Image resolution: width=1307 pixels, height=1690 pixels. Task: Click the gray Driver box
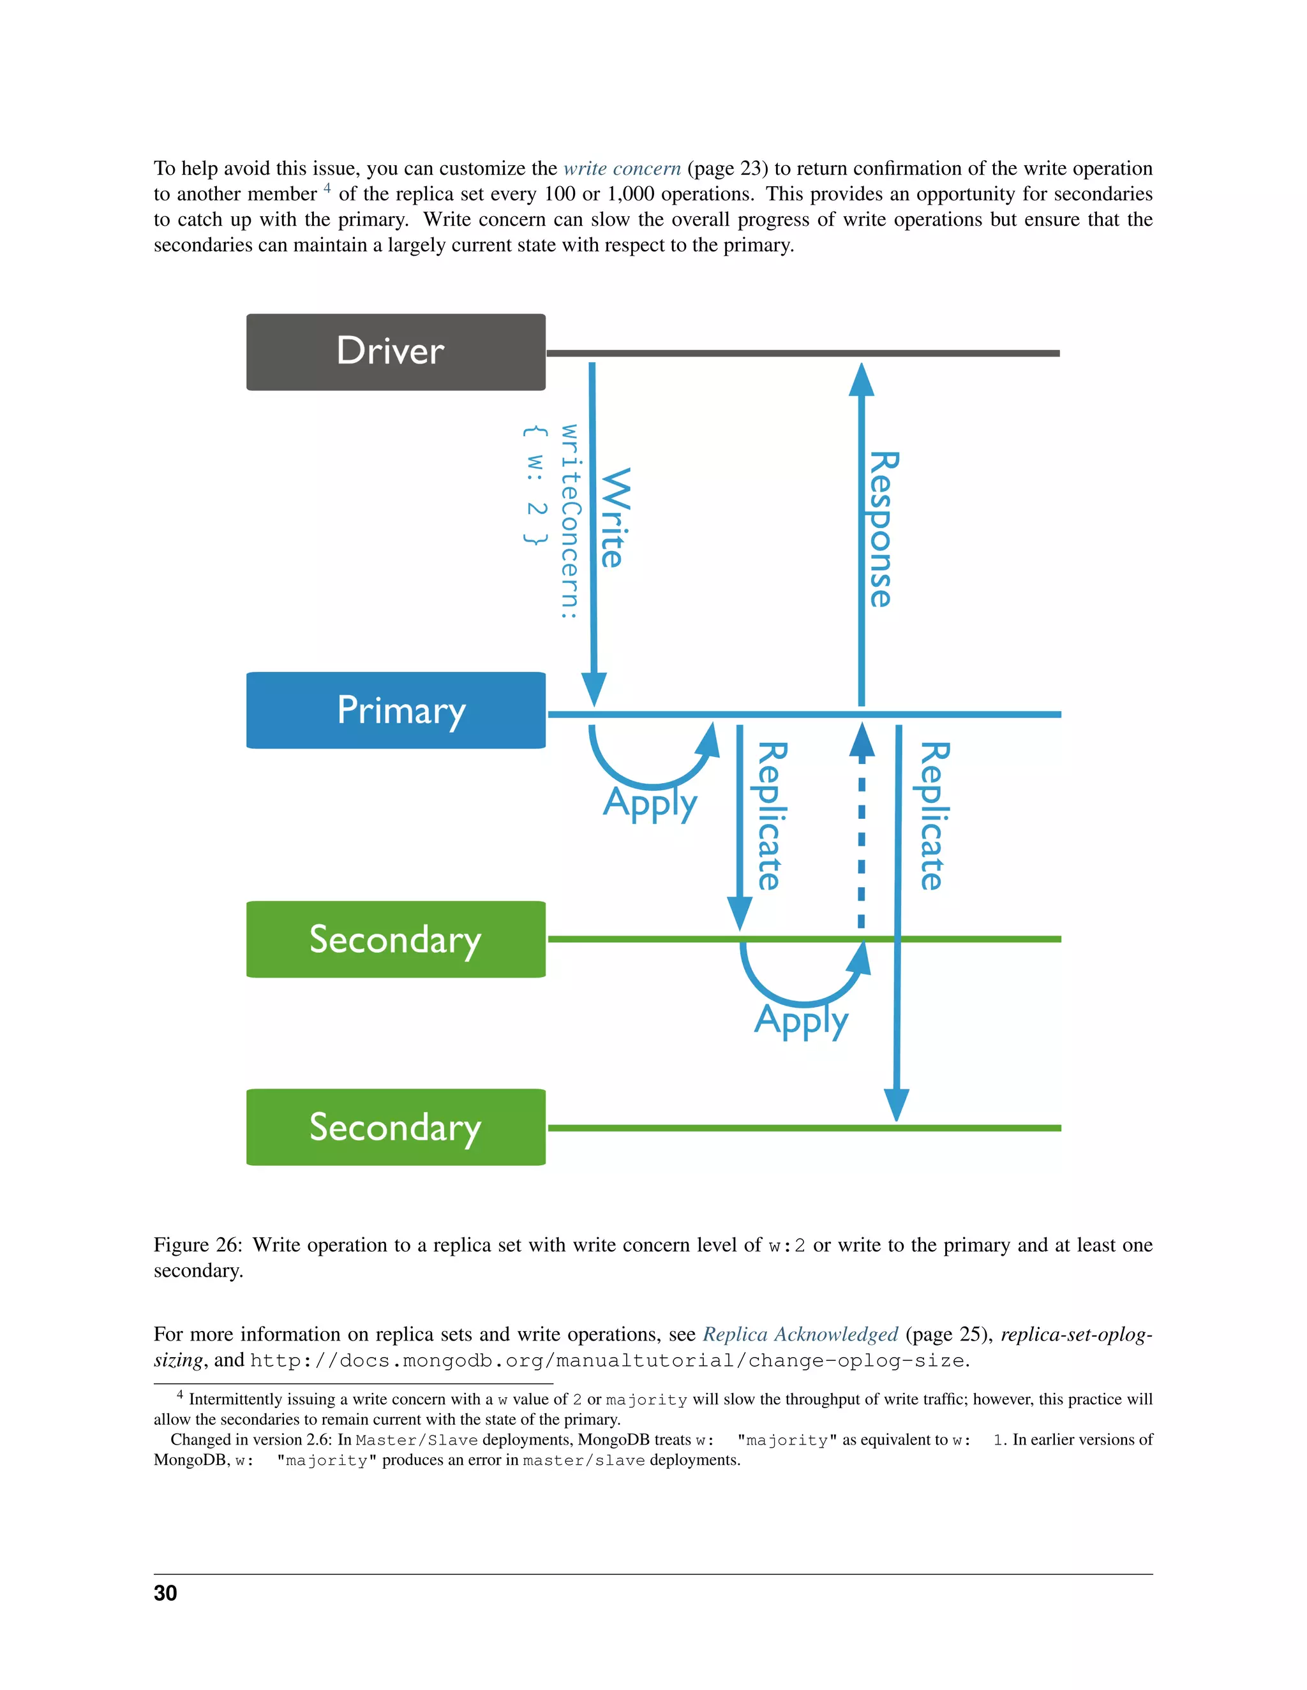396,352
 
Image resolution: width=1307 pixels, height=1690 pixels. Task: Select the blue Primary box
396,710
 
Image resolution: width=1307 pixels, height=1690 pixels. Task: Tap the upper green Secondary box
396,939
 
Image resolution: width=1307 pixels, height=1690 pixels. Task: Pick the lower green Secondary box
396,1128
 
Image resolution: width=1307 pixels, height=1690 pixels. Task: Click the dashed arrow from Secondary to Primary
862,835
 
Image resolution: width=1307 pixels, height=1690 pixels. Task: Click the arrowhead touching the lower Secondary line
896,1105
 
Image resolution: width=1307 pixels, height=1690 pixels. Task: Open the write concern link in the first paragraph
622,169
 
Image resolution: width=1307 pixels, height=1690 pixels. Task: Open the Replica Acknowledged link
800,1334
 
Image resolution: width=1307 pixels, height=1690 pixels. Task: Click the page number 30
166,1593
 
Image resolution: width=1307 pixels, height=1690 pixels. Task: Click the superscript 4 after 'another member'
327,188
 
